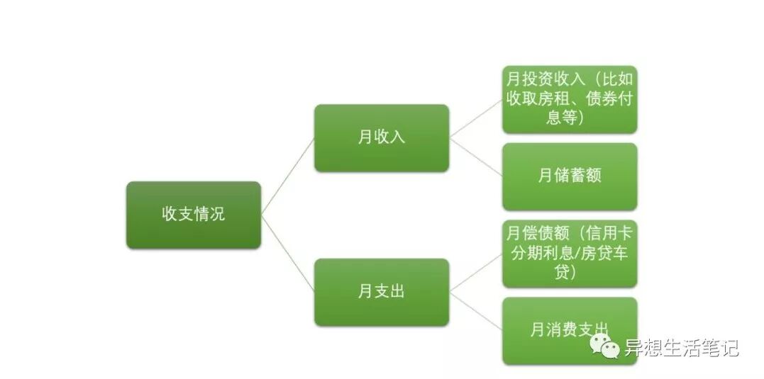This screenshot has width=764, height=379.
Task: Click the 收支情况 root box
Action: point(194,215)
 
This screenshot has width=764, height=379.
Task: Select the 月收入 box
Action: point(382,137)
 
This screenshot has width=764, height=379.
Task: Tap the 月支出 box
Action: point(382,291)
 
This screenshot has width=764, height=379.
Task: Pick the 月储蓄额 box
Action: point(570,176)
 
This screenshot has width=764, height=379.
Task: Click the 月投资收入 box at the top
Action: point(570,98)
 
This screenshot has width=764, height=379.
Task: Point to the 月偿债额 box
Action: point(570,254)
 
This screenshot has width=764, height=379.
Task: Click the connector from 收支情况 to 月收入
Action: point(287,176)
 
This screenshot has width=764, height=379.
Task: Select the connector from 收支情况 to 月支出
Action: point(287,253)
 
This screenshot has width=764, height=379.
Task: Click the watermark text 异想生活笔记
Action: point(681,348)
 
